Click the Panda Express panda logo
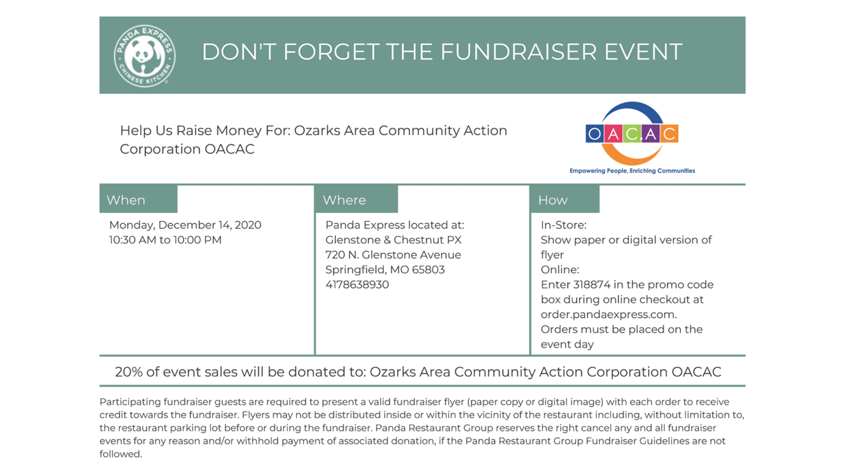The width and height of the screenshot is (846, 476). (x=145, y=56)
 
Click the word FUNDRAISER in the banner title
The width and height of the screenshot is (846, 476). (x=518, y=52)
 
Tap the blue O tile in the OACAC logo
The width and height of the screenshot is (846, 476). (x=594, y=134)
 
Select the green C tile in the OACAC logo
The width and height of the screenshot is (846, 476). (x=632, y=134)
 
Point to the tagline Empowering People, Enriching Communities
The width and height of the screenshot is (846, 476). (x=632, y=171)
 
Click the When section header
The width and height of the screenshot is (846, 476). (x=126, y=200)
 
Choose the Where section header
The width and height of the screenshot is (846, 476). (x=344, y=200)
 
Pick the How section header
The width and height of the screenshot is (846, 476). (x=553, y=200)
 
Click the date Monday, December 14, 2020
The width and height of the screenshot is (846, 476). (x=185, y=225)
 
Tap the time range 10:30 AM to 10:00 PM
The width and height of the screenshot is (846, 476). (x=165, y=240)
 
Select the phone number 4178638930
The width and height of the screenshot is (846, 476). (x=357, y=285)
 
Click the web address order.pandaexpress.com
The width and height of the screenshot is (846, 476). (x=608, y=315)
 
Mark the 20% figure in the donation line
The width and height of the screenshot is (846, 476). (x=128, y=372)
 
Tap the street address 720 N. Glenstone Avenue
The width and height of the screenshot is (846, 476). (x=393, y=255)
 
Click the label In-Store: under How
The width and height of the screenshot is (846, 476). (x=563, y=225)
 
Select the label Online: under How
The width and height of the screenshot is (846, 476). (x=560, y=270)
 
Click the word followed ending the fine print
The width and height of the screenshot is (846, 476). (x=120, y=454)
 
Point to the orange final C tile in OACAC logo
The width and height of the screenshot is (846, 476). (x=669, y=134)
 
